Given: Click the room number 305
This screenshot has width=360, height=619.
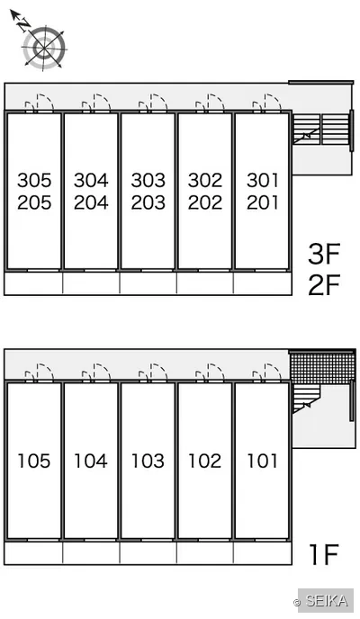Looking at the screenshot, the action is click(34, 180).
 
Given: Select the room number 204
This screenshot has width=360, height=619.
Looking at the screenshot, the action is click(91, 202).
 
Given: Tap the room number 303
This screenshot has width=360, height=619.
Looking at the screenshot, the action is click(148, 180).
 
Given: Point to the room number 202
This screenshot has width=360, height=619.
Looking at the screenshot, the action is click(205, 202).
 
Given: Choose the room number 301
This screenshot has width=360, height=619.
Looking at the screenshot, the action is click(263, 180).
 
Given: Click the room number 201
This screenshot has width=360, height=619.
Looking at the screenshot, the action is click(263, 202).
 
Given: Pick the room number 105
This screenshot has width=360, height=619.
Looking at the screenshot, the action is click(34, 461).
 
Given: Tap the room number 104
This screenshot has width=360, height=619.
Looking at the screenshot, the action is click(91, 461).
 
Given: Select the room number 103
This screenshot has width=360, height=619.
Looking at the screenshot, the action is click(148, 461).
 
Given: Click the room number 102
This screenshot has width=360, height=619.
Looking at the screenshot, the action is click(205, 461).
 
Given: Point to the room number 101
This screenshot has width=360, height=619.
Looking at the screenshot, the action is click(263, 461).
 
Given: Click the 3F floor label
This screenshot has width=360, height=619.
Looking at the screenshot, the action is click(324, 254).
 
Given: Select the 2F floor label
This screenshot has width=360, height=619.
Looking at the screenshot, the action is click(324, 285).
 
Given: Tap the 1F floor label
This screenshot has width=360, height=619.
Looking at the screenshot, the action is click(325, 554).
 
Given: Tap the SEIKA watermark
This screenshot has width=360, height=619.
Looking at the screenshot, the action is click(326, 601).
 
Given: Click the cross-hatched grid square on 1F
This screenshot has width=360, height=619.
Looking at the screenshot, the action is click(322, 369).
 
